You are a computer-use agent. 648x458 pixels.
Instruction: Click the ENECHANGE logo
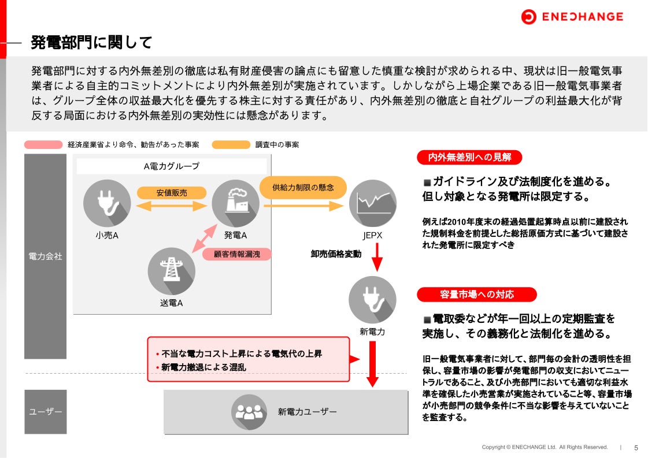tap(572, 17)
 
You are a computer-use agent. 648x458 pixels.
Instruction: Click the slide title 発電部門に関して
tap(91, 42)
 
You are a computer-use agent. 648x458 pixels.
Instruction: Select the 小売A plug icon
tap(107, 203)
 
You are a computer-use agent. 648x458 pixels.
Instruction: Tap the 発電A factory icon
tap(235, 203)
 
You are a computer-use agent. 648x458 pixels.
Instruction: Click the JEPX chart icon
tap(373, 203)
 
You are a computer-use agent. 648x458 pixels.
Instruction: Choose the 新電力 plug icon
tap(372, 300)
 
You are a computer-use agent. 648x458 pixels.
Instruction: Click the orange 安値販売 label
tap(172, 192)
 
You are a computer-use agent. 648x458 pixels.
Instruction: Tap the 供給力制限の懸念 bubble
tap(303, 187)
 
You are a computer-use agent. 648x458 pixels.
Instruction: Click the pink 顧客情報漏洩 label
tap(236, 254)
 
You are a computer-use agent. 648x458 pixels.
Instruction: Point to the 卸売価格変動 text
tap(336, 254)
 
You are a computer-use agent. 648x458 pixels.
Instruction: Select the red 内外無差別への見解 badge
tap(469, 157)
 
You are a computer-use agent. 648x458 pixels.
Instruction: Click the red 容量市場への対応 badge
tap(476, 295)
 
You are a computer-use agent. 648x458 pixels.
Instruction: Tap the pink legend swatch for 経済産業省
tap(43, 144)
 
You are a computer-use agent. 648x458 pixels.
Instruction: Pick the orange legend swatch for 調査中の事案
tap(231, 144)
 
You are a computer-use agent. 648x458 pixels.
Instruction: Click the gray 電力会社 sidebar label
tap(45, 256)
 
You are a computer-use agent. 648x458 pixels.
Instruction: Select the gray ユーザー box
tap(45, 412)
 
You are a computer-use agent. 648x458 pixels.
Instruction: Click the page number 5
tap(636, 448)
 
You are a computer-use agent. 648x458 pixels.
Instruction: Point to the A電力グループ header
tap(171, 166)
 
